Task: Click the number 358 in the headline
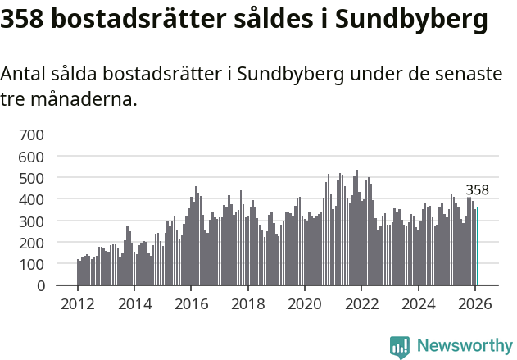21,19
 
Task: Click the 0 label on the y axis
39,286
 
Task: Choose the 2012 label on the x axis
78,304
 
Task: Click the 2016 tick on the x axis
191,304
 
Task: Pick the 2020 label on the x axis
305,304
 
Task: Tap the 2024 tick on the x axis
419,304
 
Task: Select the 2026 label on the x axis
475,304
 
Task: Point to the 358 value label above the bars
477,190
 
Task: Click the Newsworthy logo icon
400,347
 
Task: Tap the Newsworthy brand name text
464,346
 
